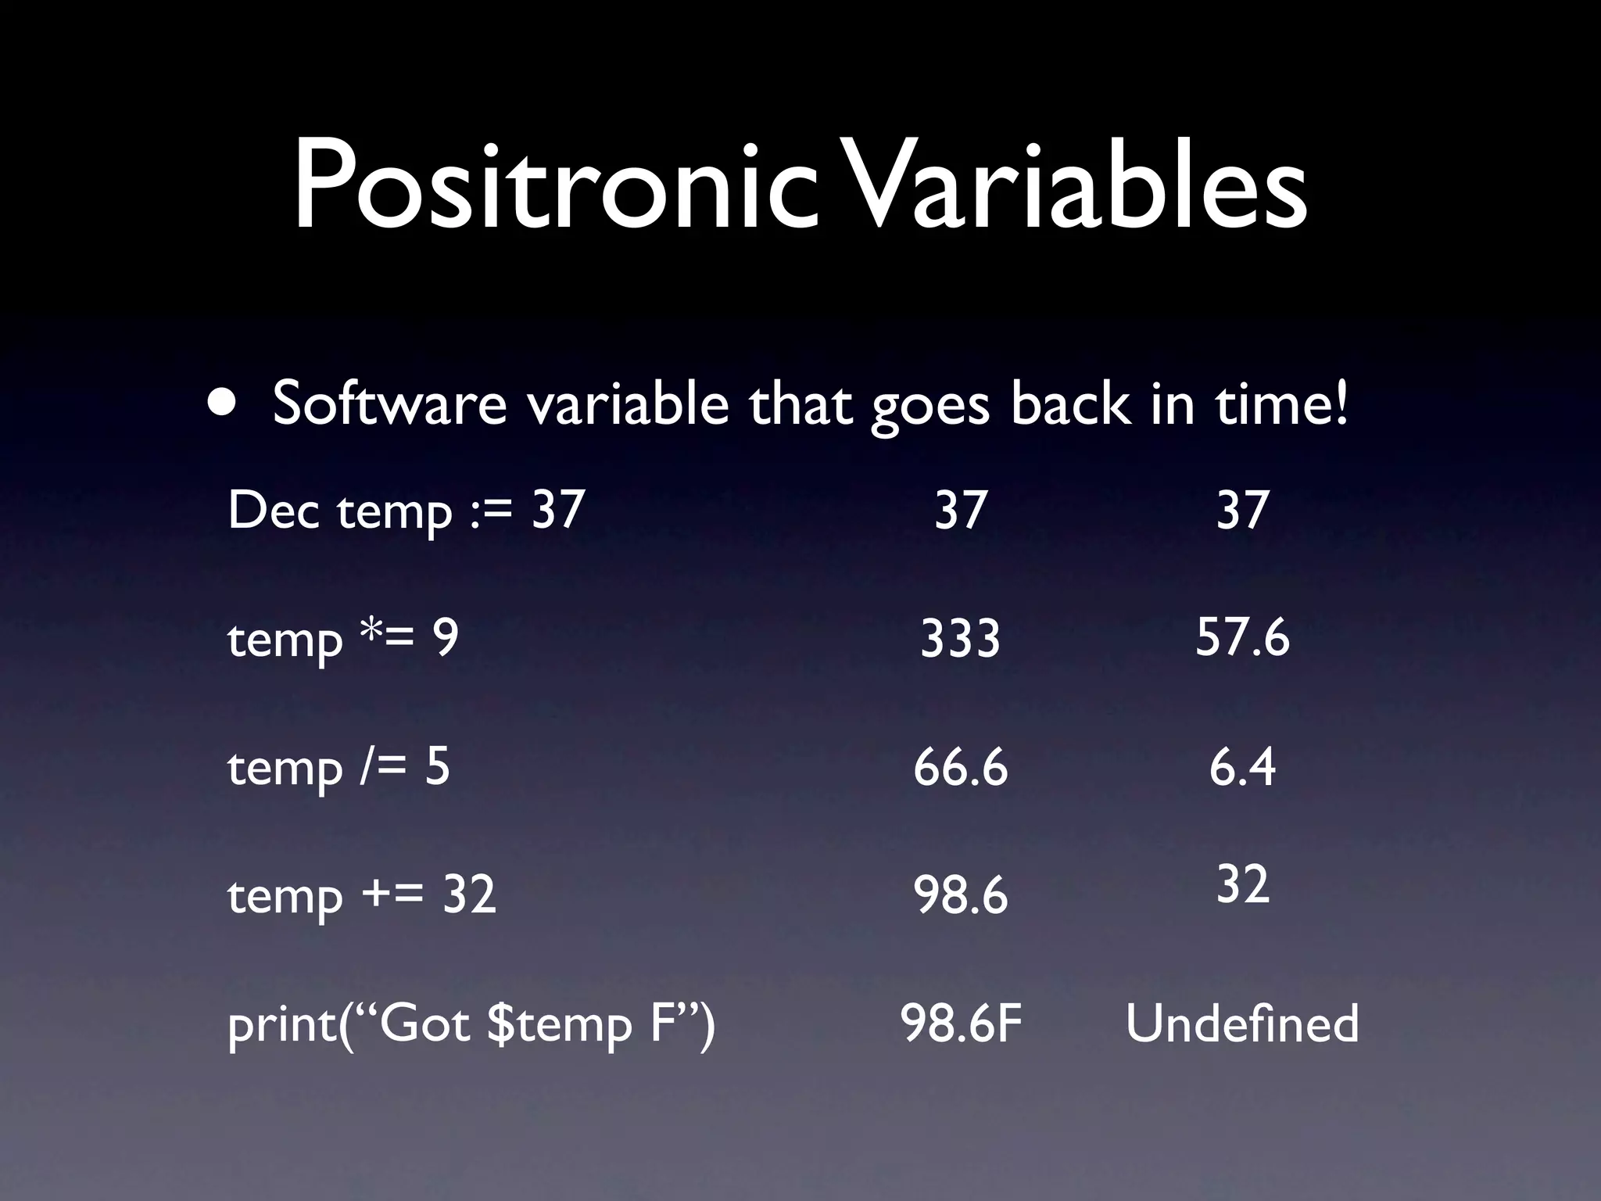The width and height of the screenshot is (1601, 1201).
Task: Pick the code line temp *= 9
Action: (x=342, y=639)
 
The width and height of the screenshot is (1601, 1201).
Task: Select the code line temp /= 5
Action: (x=338, y=767)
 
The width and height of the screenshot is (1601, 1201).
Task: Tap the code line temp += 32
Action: (x=361, y=895)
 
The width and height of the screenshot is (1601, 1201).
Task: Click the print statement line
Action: (x=471, y=1024)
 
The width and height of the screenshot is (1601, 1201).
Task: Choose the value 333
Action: (x=960, y=639)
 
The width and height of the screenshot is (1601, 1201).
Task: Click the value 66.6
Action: (x=960, y=767)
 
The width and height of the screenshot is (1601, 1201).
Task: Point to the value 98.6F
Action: (x=961, y=1024)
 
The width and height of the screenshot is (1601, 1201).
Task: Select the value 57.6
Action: (x=1242, y=637)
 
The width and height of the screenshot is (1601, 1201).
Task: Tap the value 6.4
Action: (x=1242, y=767)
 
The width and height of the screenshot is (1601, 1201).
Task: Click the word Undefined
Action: (x=1242, y=1024)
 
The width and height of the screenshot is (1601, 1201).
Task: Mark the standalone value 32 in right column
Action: (x=1242, y=885)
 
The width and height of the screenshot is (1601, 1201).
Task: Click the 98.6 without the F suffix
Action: (x=960, y=895)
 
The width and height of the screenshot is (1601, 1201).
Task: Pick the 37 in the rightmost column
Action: (x=1242, y=510)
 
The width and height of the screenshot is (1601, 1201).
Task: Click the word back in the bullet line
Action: (x=1070, y=404)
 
